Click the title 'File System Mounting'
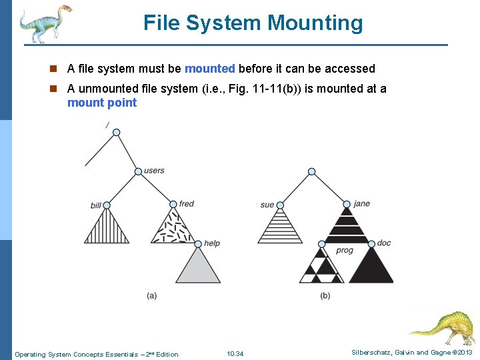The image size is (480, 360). click(x=253, y=23)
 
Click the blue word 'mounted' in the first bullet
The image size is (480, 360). click(x=209, y=69)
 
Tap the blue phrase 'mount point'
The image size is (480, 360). click(x=102, y=103)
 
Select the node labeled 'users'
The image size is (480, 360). click(x=138, y=171)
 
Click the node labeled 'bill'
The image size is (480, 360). click(x=106, y=205)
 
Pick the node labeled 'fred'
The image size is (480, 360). click(x=173, y=204)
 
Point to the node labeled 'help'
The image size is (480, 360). click(x=198, y=243)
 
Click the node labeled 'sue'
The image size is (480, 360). click(x=280, y=205)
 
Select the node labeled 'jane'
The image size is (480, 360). click(x=346, y=204)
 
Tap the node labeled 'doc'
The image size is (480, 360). click(x=371, y=243)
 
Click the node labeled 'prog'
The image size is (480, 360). click(x=321, y=243)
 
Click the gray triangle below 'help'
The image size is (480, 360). click(x=198, y=267)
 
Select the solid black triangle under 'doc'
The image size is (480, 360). click(x=371, y=267)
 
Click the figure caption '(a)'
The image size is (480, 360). click(x=152, y=295)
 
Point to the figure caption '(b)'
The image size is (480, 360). click(x=325, y=295)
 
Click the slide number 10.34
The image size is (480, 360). click(x=235, y=354)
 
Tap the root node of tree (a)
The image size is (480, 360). click(x=116, y=133)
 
